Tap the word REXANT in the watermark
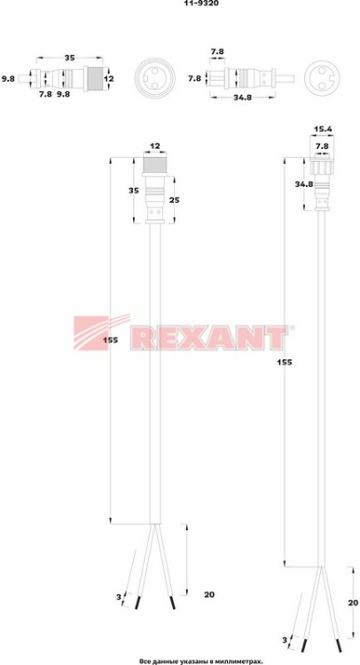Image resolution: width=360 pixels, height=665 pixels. tap(207, 338)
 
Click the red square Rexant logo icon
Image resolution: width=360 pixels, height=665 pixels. tap(90, 332)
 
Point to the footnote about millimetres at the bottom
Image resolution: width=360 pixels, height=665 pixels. tap(201, 661)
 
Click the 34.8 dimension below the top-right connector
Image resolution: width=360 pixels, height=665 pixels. tap(243, 98)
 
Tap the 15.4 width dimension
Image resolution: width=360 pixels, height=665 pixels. tap(322, 129)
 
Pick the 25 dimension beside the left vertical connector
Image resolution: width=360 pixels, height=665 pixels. tap(175, 199)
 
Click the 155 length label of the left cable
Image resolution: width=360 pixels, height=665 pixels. tap(109, 340)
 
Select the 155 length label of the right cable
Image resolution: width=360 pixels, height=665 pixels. tap(284, 362)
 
